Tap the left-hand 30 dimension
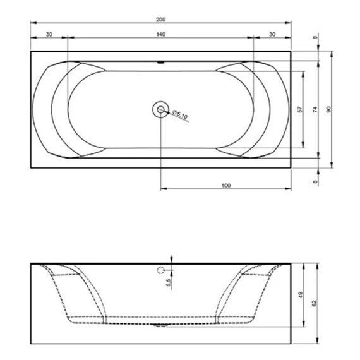point(49,34)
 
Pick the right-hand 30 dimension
point(272,34)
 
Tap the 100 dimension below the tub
point(225,185)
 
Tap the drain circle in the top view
point(160,110)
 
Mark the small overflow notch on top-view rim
point(160,63)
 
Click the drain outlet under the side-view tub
point(160,327)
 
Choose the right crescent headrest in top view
point(270,109)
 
